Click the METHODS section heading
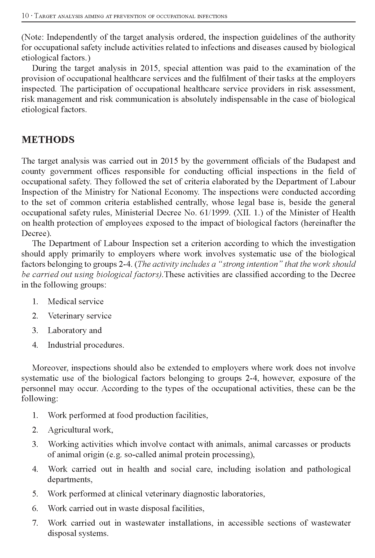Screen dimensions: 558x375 point(48,140)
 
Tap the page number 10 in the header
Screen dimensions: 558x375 point(25,16)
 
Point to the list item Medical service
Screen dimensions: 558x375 point(76,302)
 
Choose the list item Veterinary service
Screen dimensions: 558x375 point(80,316)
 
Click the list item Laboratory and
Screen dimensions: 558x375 point(75,330)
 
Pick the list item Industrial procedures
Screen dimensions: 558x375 point(86,345)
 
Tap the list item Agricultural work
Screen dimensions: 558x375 point(80,430)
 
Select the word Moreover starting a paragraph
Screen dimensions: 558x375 point(50,368)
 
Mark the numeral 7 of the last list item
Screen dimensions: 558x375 point(35,523)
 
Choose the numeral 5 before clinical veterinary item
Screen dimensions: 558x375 point(35,494)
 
